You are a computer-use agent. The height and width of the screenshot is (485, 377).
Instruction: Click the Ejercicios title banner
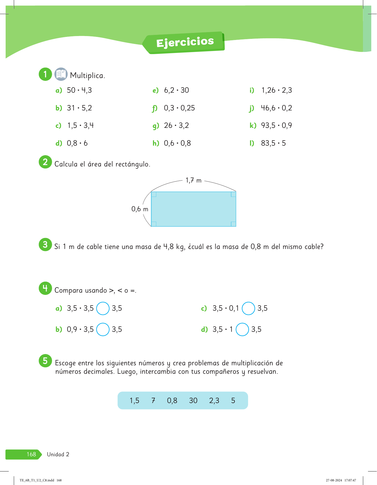(x=185, y=43)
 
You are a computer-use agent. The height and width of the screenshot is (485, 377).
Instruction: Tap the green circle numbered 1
(x=45, y=74)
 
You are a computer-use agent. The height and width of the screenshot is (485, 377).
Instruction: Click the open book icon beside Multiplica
(x=61, y=74)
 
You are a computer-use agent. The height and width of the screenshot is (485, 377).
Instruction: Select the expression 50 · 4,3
(x=79, y=90)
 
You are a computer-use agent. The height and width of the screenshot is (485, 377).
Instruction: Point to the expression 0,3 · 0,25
(x=179, y=108)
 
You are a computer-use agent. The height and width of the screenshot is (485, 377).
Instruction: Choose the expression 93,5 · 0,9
(x=276, y=126)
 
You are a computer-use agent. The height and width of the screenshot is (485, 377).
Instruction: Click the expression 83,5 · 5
(x=273, y=143)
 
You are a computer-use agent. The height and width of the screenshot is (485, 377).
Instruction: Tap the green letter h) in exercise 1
(x=156, y=143)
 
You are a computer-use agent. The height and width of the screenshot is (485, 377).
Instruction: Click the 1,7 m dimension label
(x=193, y=180)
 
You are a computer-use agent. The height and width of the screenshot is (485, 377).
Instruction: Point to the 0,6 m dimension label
(x=140, y=209)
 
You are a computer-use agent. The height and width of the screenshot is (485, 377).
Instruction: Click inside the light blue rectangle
(x=193, y=209)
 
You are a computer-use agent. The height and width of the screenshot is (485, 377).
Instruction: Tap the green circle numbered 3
(x=45, y=244)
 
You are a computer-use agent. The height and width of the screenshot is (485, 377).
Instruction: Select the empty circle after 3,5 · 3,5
(x=103, y=308)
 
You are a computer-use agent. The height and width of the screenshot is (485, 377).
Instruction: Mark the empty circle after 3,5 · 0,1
(x=248, y=308)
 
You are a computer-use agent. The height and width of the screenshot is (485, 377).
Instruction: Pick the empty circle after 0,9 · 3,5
(x=103, y=330)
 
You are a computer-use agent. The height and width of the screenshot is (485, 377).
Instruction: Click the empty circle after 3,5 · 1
(x=242, y=330)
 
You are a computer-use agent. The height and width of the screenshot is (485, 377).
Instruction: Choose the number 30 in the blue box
(x=193, y=401)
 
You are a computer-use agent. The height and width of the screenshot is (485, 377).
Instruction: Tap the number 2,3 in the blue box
(x=214, y=401)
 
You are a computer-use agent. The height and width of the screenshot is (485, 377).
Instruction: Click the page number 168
(x=31, y=454)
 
